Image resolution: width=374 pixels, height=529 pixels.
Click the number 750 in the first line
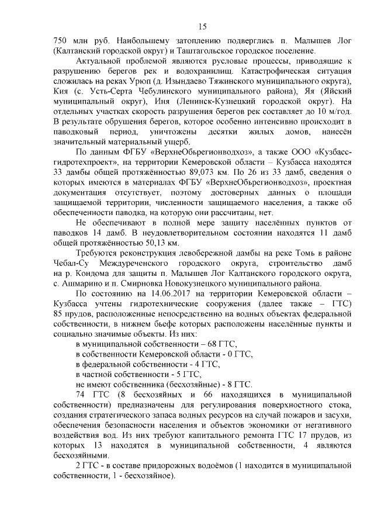[61, 42]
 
